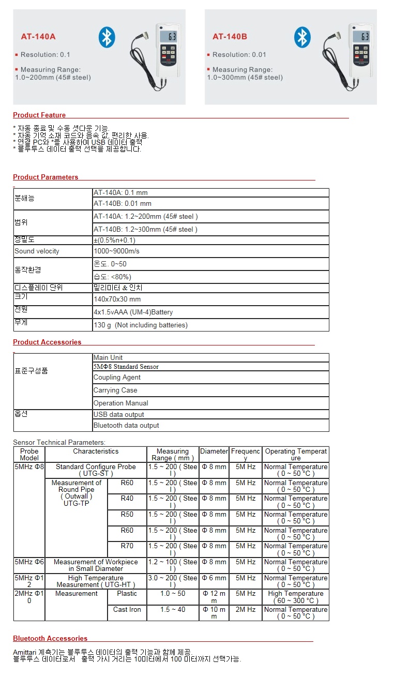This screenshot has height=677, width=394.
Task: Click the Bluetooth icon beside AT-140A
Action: point(107,37)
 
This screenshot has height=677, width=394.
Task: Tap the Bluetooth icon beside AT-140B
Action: point(302,37)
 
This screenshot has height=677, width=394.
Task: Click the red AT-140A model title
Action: point(38,37)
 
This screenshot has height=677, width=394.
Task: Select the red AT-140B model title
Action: point(230,37)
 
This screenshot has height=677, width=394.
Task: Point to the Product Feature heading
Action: point(39,115)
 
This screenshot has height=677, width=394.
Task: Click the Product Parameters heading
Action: point(46,177)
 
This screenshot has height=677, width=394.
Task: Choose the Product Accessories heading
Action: point(47,342)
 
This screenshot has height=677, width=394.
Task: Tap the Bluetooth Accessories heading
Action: point(50,638)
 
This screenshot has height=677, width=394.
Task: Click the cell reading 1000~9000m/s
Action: point(116,251)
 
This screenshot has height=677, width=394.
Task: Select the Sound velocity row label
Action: point(37,251)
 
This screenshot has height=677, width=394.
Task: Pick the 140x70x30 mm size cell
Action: point(117,299)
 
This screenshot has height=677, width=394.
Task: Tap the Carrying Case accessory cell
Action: point(115,390)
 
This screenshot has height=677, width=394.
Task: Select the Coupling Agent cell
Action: point(117,378)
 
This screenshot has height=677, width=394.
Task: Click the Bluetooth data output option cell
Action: point(126,426)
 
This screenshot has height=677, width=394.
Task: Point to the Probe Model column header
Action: point(29,455)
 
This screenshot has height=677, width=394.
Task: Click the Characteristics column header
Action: point(96,452)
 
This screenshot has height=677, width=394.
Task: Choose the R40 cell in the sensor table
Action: point(127,499)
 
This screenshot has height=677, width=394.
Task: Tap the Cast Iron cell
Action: point(127,610)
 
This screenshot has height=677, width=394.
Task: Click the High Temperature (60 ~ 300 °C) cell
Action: point(295,597)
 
